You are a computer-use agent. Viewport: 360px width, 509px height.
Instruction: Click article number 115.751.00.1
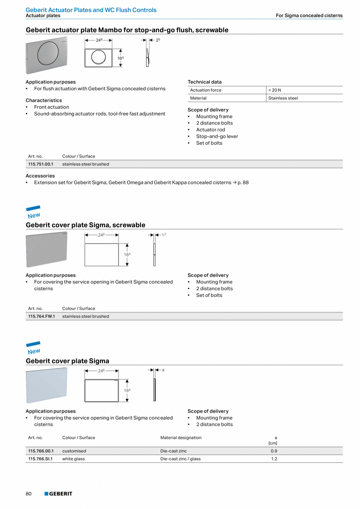point(41,164)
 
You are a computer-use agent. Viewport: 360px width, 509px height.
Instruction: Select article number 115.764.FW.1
point(41,316)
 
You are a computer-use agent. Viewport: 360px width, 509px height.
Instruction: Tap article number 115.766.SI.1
point(40,458)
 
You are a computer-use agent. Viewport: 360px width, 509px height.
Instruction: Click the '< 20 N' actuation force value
point(275,90)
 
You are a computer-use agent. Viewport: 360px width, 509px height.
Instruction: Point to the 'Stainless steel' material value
point(283,98)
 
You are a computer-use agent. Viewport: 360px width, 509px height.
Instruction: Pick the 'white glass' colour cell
point(74,458)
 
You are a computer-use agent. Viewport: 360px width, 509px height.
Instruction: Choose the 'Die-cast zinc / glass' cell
point(180,458)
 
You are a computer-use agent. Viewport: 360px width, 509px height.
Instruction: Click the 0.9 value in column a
point(274,451)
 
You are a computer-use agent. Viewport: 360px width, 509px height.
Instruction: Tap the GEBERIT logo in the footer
point(58,494)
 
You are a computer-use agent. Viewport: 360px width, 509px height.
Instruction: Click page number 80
point(29,494)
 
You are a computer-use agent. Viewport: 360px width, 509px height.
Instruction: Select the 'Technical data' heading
point(205,82)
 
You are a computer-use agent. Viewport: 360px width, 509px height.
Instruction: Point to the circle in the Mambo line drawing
point(98,58)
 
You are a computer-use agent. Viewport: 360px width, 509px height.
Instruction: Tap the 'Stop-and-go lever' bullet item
point(217,136)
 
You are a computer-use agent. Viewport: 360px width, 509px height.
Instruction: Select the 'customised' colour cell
point(74,451)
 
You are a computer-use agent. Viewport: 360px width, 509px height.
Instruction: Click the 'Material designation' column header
point(181,437)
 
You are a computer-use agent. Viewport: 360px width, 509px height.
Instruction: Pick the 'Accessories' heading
point(40,176)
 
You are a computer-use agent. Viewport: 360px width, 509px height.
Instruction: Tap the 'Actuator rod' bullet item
point(211,130)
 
